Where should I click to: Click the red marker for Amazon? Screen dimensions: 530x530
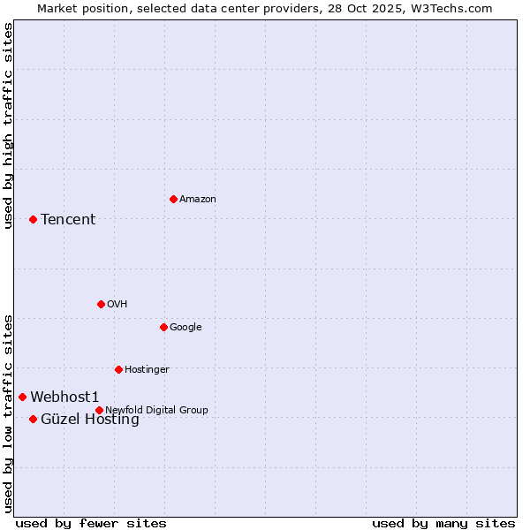pos(173,199)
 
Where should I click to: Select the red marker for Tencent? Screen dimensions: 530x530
pos(33,219)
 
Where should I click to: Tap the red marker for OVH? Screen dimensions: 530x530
pos(101,304)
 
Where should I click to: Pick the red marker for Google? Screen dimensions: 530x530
pos(163,327)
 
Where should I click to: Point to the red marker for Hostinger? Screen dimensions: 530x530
pos(118,369)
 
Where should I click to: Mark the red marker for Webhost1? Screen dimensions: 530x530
pos(22,397)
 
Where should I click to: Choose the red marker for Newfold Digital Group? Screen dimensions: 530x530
pos(99,410)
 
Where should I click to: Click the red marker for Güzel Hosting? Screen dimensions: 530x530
pos(33,419)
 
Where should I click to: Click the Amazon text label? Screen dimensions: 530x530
pos(198,200)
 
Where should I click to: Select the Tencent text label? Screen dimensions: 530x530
pos(68,220)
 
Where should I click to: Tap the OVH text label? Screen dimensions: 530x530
pos(117,305)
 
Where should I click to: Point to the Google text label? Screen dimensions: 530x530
pos(185,328)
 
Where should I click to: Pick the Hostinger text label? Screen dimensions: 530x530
pos(147,370)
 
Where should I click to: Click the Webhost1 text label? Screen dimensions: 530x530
pos(64,397)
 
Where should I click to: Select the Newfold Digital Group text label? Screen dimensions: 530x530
pos(156,411)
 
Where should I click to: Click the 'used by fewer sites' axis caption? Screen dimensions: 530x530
pos(91,523)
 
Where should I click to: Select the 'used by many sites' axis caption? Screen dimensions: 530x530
pos(443,523)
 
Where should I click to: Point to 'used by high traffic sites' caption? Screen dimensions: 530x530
pos(8,125)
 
